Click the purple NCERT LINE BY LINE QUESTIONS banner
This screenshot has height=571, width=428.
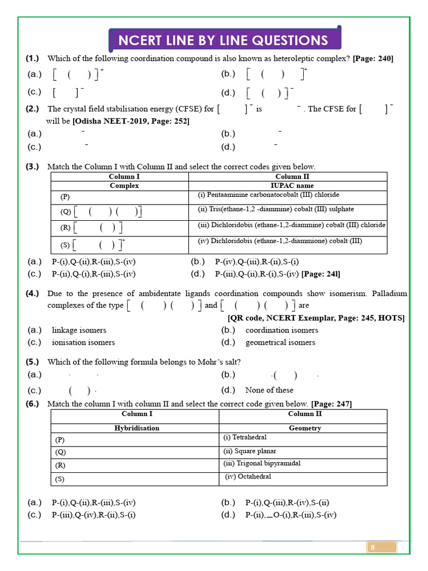[223, 40]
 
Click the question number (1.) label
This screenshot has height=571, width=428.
[32, 59]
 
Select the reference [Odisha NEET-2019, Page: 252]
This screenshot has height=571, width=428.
[131, 121]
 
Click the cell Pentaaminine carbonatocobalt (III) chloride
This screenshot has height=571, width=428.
[268, 195]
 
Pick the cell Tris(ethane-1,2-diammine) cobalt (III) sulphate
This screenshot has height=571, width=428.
[276, 210]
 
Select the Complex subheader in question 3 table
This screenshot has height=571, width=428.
[124, 186]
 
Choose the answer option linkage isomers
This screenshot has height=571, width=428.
[79, 330]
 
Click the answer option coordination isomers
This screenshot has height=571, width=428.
[281, 330]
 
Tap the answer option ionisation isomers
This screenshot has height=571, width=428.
[83, 342]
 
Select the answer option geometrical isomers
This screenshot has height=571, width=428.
[280, 342]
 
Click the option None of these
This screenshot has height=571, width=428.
[269, 390]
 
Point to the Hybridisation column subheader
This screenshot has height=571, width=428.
[137, 428]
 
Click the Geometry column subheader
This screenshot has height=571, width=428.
[305, 428]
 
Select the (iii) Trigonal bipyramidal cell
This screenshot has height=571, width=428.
[261, 463]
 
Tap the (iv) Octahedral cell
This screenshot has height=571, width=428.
[248, 477]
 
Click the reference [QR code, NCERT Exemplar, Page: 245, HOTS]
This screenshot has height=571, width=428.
[316, 318]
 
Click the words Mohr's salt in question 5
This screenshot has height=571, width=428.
[221, 362]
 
